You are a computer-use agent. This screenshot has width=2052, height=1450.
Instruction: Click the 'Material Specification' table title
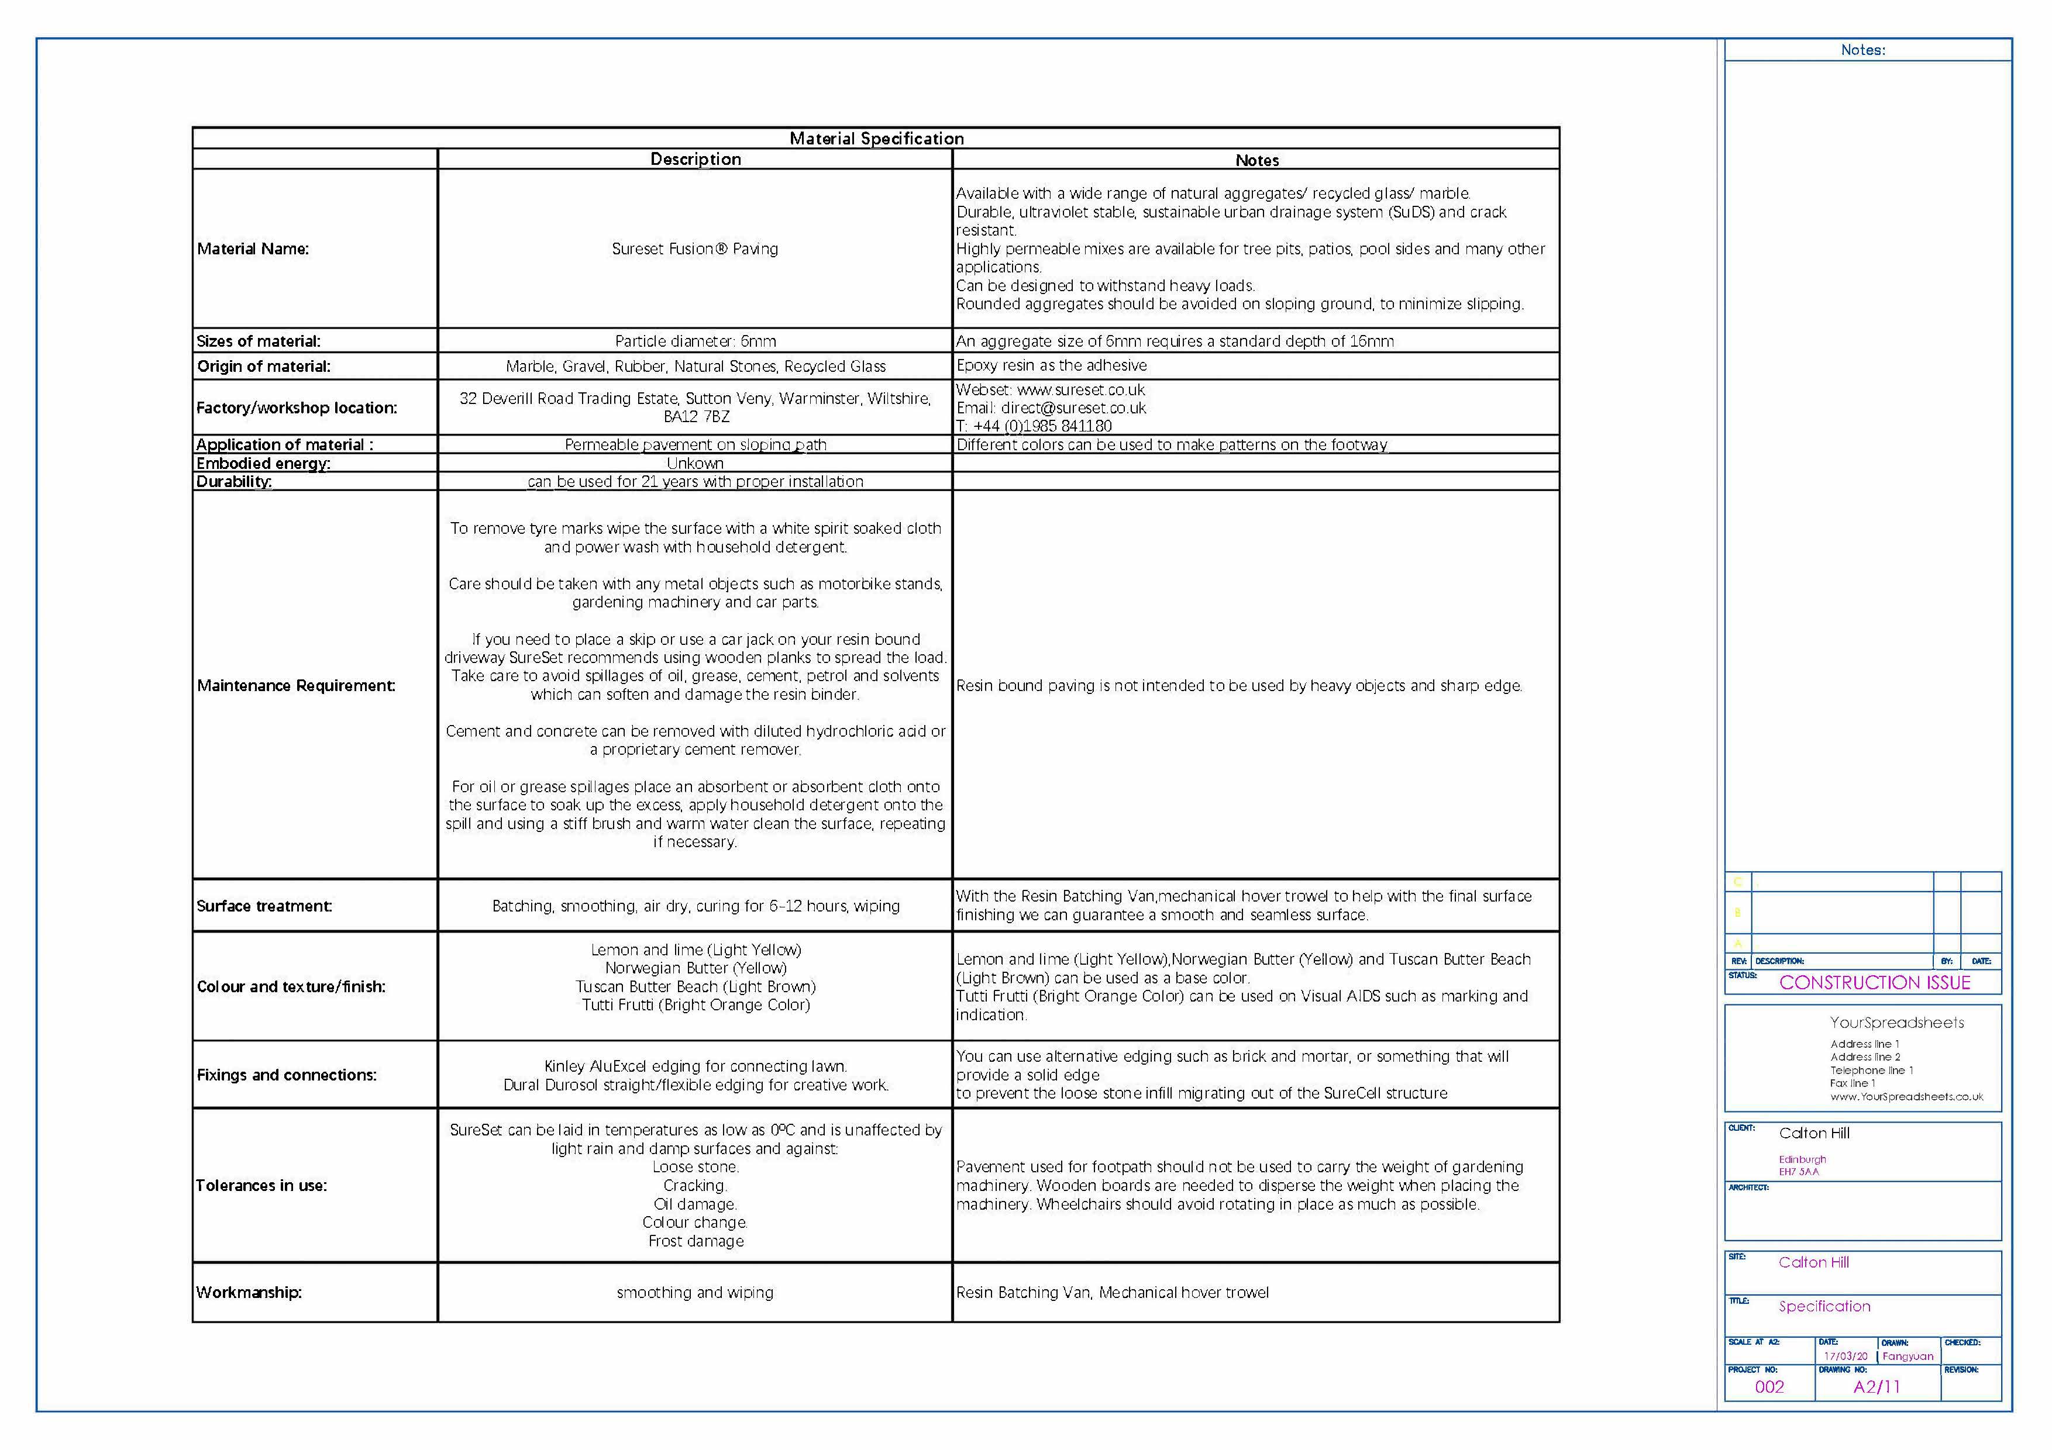pos(876,139)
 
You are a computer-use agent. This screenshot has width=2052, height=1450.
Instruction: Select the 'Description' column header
pos(696,159)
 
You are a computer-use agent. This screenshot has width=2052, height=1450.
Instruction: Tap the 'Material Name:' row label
pos(253,249)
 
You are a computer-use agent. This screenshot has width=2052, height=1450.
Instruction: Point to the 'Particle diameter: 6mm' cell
pos(696,341)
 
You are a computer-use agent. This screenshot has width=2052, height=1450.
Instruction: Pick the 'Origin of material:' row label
pos(263,366)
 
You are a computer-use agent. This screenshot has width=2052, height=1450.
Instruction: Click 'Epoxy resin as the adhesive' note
pos(1051,365)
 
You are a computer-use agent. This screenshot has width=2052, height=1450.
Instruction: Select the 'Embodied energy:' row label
pos(263,463)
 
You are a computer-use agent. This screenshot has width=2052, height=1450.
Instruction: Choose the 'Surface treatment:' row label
pos(264,906)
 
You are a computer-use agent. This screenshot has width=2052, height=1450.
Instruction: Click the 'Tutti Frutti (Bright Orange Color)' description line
pos(696,1005)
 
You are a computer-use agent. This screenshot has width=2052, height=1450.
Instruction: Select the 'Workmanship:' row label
pos(249,1293)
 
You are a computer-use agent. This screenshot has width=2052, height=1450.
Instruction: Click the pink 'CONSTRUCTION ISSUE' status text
pos(1874,983)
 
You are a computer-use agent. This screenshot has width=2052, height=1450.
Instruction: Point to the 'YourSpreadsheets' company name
pos(1896,1023)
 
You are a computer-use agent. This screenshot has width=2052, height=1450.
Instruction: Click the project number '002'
pos(1769,1387)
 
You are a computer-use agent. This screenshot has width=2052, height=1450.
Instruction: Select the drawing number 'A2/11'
pos(1876,1387)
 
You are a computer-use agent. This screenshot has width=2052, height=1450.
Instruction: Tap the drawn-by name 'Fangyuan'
pos(1907,1356)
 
